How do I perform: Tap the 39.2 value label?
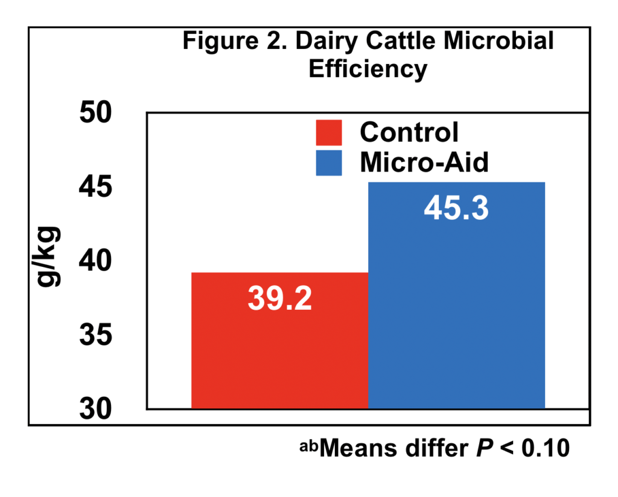click(279, 298)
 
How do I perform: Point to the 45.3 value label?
click(456, 208)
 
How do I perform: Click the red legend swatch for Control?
click(329, 132)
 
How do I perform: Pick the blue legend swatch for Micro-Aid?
click(329, 162)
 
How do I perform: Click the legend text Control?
click(409, 132)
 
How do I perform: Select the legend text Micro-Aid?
click(424, 162)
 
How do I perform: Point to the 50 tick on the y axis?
click(97, 113)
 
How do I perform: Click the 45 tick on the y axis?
click(97, 187)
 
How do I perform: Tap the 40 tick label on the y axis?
click(97, 261)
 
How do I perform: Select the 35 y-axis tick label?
click(97, 336)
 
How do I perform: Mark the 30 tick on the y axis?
click(97, 409)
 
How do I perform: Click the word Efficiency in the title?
click(368, 69)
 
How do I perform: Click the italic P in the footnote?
click(479, 449)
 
